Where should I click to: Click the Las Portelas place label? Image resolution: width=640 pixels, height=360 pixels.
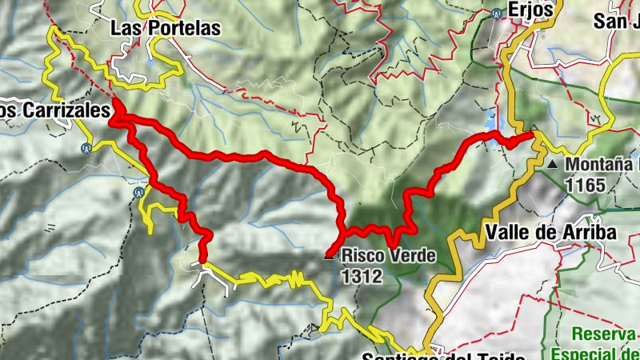[165, 28]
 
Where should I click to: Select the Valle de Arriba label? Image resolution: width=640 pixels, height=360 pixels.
[552, 233]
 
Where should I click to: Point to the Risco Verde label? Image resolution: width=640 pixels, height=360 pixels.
[388, 257]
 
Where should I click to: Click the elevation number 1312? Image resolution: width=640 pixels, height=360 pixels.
[362, 276]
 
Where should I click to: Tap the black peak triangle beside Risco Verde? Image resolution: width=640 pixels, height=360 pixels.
[327, 257]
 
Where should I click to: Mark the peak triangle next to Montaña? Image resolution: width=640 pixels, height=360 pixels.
[554, 165]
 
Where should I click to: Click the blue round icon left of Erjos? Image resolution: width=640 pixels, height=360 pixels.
[496, 13]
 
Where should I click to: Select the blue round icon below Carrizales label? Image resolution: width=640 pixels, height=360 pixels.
[86, 147]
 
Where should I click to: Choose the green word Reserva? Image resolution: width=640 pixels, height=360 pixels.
[604, 334]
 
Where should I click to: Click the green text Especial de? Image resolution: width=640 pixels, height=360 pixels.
[597, 353]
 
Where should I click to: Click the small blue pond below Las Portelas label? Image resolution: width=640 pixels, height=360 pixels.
[150, 58]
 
